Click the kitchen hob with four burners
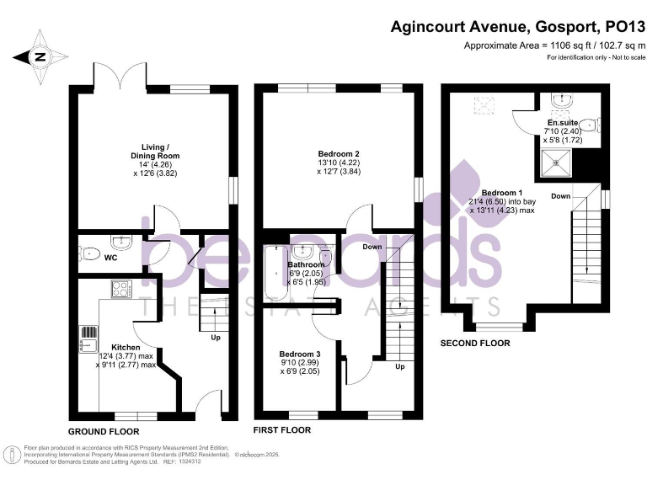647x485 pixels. tap(120, 289)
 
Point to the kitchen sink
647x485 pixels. tap(87, 338)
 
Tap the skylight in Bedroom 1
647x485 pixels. tap(484, 105)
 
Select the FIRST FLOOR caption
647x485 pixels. tap(282, 429)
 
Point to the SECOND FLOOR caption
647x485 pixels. tap(477, 344)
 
